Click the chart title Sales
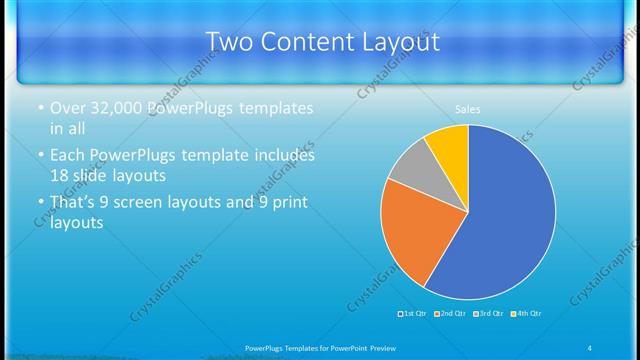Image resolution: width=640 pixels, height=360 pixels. [x=468, y=109]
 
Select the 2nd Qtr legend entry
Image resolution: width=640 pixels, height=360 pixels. [x=450, y=314]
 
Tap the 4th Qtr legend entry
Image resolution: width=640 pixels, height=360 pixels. [x=526, y=314]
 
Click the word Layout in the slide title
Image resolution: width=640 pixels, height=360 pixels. [x=400, y=42]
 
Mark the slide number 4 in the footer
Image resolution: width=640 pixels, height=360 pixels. [x=590, y=347]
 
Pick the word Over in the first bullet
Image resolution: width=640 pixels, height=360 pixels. [x=69, y=108]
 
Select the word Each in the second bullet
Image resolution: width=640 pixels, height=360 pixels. [x=69, y=155]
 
